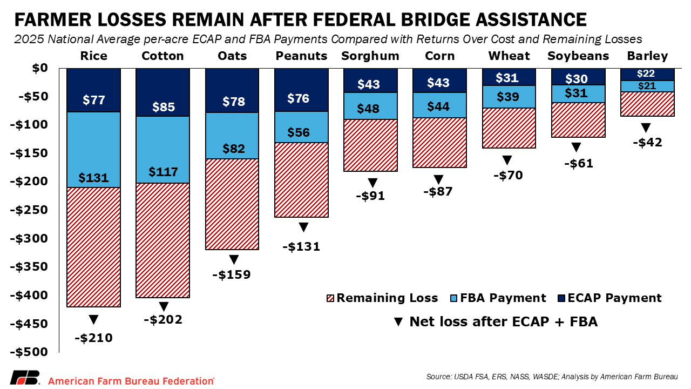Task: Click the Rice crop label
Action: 93,56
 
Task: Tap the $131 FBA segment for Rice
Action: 93,149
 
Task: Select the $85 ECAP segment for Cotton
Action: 163,92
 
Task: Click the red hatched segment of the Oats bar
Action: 232,204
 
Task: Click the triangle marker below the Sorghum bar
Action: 371,183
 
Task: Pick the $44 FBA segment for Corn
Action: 439,105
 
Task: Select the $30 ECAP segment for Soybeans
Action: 578,77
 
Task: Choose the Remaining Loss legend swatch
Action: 330,298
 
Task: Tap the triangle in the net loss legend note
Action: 398,322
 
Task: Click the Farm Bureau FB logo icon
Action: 25,378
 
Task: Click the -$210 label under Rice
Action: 93,338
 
